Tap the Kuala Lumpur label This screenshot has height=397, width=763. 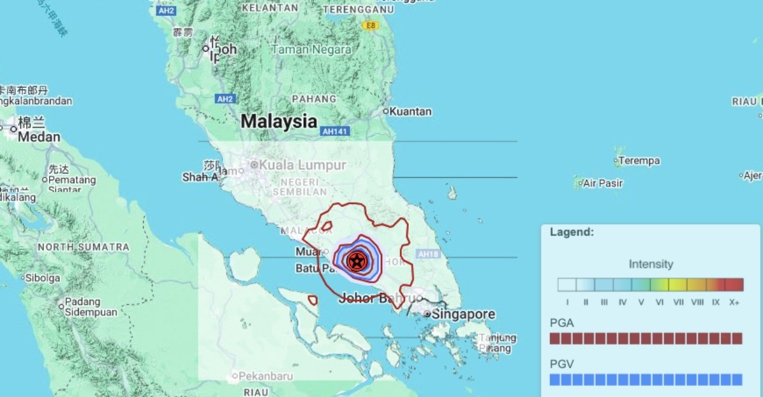click(302, 165)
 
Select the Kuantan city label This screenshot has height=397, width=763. click(410, 112)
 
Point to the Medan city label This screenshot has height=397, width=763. click(39, 137)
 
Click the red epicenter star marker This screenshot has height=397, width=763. click(357, 259)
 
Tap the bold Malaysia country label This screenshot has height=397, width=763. click(278, 121)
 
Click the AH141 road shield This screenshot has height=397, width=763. click(335, 131)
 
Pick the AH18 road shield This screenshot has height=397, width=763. click(428, 254)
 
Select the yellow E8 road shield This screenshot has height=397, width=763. click(369, 25)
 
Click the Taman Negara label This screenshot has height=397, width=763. click(312, 50)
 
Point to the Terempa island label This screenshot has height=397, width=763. click(638, 161)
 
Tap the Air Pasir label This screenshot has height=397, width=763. click(603, 184)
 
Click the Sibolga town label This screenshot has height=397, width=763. click(43, 278)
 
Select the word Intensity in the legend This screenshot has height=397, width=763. click(650, 264)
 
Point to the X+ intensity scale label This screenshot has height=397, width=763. click(734, 302)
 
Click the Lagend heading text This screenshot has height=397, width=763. click(572, 232)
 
